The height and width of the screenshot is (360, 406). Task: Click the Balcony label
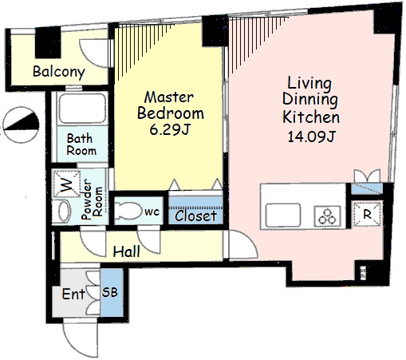point(59,72)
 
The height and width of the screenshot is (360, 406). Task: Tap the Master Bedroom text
point(171,105)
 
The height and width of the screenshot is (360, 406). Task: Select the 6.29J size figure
point(169,130)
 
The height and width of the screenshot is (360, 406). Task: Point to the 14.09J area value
point(311,136)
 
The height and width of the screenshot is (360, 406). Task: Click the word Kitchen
point(311,117)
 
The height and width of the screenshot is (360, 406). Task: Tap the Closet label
point(195,216)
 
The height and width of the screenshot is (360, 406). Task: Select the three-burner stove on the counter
point(327,216)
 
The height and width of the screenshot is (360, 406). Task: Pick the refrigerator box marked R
point(367,214)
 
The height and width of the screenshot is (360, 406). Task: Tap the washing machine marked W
point(66,184)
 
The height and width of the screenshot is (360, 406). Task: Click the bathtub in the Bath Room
point(82,109)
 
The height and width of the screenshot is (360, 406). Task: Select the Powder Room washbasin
point(64,212)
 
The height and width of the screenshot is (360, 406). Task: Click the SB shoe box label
point(110,292)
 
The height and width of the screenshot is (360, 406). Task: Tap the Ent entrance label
point(73,294)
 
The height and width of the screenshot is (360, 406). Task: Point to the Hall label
point(127,251)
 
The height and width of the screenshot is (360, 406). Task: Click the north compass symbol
point(21,125)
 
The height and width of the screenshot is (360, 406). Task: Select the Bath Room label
point(81,144)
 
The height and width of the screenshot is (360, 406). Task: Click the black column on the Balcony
point(48,42)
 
